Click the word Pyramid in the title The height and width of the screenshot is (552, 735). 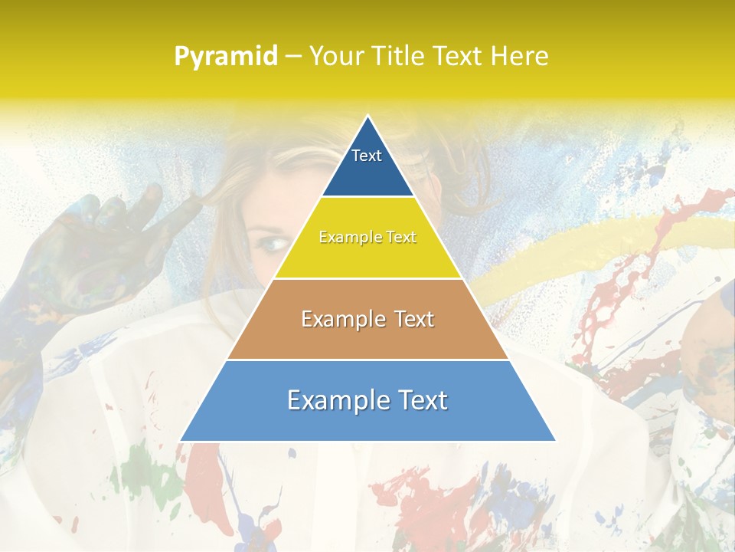[226, 57]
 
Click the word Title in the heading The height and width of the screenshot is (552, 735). [397, 57]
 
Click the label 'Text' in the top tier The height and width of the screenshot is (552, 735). [367, 156]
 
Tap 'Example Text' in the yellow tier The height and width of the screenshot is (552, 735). [367, 237]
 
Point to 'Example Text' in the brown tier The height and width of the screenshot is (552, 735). [367, 319]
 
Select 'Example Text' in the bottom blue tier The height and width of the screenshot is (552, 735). [367, 400]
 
